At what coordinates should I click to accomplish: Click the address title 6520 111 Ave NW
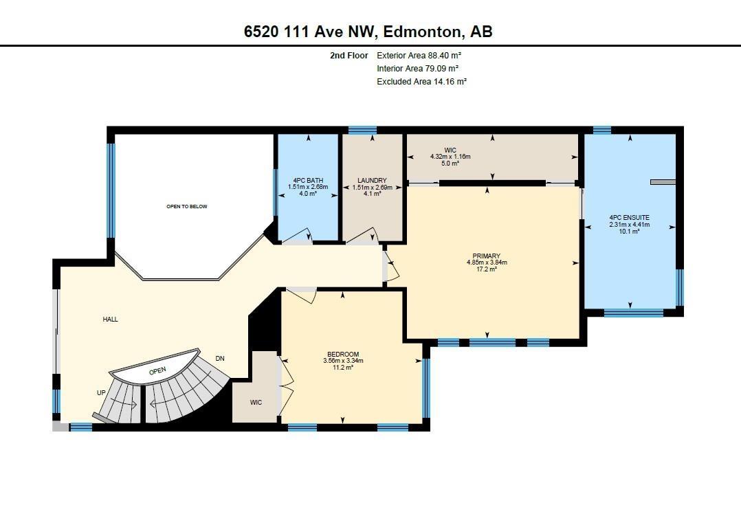click(309, 32)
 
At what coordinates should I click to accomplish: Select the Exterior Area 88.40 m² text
click(419, 55)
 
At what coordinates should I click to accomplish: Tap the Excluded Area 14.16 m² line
click(421, 81)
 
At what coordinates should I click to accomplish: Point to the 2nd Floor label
click(349, 55)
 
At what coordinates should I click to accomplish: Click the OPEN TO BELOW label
click(187, 206)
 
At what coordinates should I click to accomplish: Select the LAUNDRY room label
click(372, 181)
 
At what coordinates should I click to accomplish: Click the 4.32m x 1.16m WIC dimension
click(450, 157)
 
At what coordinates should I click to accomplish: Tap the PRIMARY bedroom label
click(486, 256)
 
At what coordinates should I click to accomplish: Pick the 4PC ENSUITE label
click(630, 218)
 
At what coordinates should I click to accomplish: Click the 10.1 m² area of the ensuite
click(630, 232)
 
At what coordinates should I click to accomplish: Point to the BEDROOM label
click(343, 355)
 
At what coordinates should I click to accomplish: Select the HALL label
click(111, 320)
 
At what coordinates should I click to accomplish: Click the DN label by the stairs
click(220, 359)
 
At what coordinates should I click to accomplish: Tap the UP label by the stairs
click(101, 393)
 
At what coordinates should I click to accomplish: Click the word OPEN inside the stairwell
click(157, 371)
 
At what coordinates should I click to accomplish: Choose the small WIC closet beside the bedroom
click(256, 403)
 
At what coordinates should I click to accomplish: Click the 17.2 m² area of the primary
click(486, 269)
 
